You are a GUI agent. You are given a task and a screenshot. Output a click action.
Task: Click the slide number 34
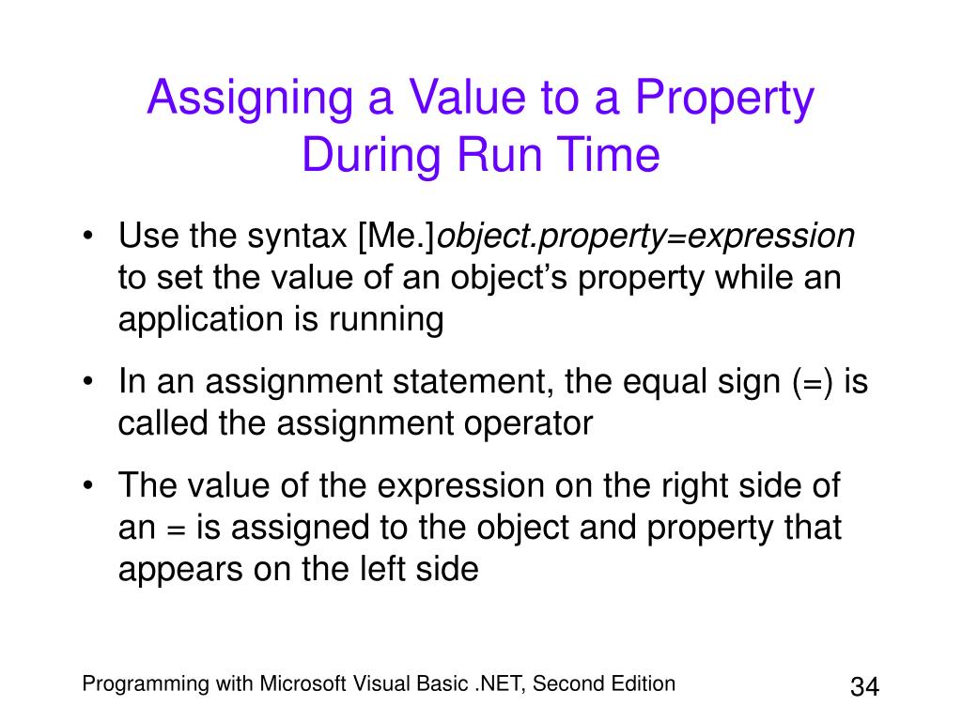864,686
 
